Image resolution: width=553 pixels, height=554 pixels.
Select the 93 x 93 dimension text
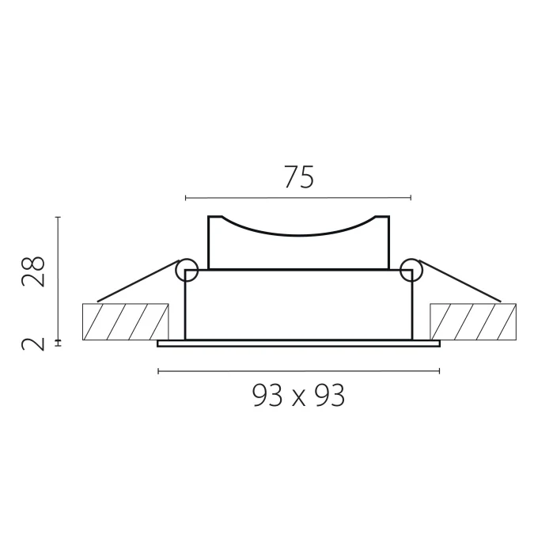coord(298,395)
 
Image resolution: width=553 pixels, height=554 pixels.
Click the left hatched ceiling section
coord(125,321)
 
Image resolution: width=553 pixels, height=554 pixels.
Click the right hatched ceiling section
coord(472,321)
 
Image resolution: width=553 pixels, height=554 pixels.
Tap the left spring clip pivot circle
coord(187,271)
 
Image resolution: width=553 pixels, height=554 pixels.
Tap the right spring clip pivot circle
coord(411,271)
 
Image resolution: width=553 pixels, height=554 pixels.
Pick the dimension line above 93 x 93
coord(298,371)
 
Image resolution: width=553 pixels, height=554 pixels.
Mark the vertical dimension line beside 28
coord(59,277)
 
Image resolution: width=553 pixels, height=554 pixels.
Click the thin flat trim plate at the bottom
coord(298,343)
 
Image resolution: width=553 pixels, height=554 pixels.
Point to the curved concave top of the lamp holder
coord(298,232)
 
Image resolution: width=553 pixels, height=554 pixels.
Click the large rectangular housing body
coord(298,305)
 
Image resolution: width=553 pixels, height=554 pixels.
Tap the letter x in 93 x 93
coord(298,397)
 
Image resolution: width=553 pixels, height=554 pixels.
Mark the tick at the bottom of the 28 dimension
coord(59,340)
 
